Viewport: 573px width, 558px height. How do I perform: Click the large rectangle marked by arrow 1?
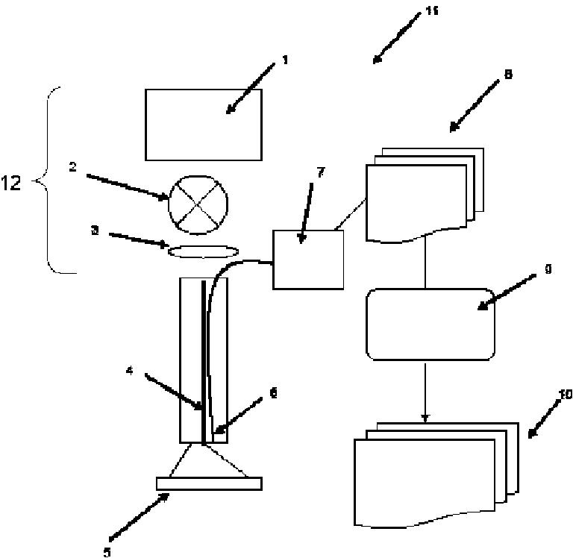pyautogui.click(x=203, y=125)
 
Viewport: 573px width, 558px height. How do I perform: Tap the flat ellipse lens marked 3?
pyautogui.click(x=198, y=252)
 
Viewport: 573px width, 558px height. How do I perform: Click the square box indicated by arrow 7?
pyautogui.click(x=308, y=259)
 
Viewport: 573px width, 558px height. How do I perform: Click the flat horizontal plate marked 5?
pyautogui.click(x=209, y=483)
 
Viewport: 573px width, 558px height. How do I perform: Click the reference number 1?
pyautogui.click(x=284, y=60)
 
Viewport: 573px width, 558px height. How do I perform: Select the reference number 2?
pyautogui.click(x=72, y=167)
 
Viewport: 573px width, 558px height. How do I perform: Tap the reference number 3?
pyautogui.click(x=95, y=231)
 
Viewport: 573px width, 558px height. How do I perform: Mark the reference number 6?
pyautogui.click(x=274, y=393)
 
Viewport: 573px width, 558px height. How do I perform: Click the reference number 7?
pyautogui.click(x=321, y=173)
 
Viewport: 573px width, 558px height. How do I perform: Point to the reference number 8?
pyautogui.click(x=507, y=75)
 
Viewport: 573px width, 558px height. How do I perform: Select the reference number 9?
pyautogui.click(x=547, y=269)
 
